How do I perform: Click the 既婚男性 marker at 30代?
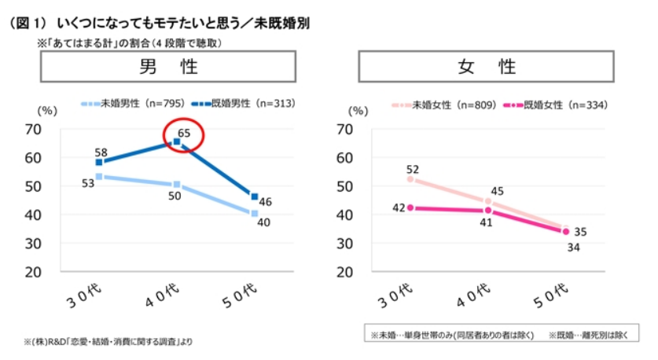coord(99,163)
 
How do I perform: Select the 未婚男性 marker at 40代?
coord(177,185)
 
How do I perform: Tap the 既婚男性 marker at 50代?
coord(254,197)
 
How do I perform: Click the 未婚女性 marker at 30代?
coord(410,179)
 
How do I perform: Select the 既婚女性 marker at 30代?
coord(410,208)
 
